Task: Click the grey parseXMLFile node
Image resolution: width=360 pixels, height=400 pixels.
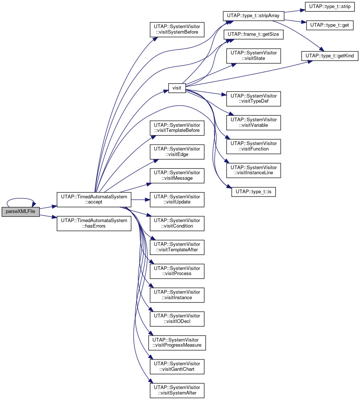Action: pos(21,212)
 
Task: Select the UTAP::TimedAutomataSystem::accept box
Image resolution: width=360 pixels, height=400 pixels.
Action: pos(94,199)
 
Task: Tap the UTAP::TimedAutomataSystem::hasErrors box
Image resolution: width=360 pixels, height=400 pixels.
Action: pos(94,224)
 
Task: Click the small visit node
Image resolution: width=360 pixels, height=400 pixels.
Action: pos(177,88)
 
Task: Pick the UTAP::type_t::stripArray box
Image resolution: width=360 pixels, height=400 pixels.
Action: pos(253,16)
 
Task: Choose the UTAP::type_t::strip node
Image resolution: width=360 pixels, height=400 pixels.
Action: pos(330,6)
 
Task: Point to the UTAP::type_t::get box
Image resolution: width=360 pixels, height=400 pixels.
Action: pos(330,25)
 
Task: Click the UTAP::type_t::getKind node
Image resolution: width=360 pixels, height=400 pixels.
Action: pos(330,56)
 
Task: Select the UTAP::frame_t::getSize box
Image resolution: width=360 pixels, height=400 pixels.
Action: pos(253,34)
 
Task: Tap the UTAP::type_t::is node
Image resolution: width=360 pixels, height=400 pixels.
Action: pos(254,192)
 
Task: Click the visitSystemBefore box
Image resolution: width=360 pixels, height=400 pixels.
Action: pos(177,29)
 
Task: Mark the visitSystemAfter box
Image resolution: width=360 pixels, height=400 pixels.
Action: pos(177,390)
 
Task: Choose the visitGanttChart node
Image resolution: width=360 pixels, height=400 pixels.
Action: pos(177,367)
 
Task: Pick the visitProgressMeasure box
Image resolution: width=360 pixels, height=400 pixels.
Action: pos(177,343)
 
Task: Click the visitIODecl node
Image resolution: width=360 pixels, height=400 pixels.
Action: pos(177,319)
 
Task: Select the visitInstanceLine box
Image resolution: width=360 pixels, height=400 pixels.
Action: pos(254,170)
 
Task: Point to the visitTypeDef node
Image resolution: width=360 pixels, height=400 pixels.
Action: pos(254,99)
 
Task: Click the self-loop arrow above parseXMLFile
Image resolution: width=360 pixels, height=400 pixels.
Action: pos(20,198)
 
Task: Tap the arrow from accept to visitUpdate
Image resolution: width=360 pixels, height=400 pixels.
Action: pos(140,200)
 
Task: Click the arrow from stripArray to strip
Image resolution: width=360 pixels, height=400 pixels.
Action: pos(295,11)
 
